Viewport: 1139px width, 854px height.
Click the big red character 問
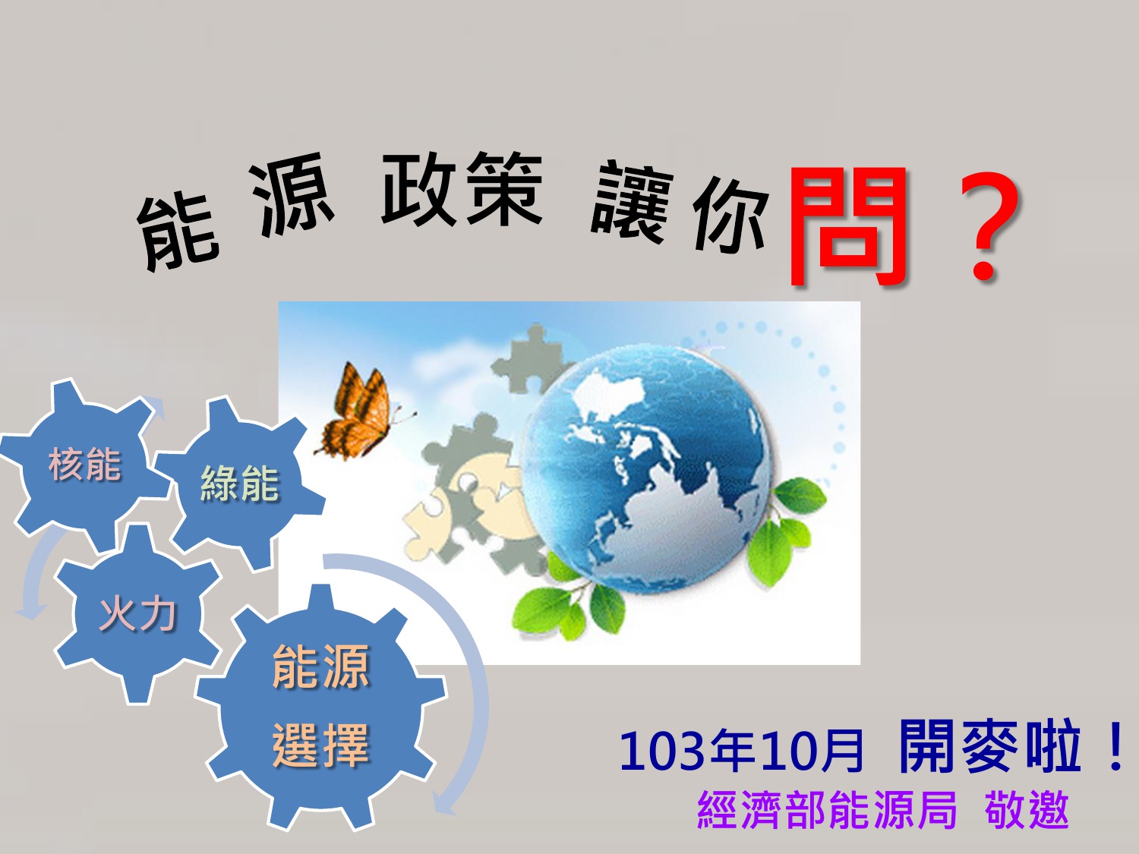coord(848,226)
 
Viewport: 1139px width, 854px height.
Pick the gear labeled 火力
coord(137,615)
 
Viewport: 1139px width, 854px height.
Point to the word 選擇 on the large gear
coord(320,745)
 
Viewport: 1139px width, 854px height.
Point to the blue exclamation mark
coord(1114,748)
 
